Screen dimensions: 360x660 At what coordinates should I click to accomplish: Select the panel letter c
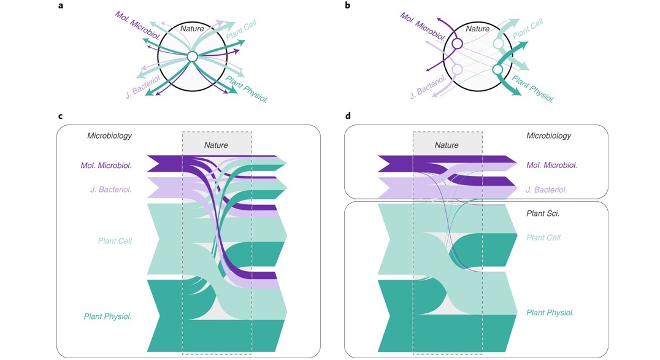coord(60,115)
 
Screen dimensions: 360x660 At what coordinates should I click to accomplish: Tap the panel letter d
coord(348,115)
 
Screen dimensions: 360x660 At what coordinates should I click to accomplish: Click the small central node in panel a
coord(192,56)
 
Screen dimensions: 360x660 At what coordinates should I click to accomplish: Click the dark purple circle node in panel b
coord(457,44)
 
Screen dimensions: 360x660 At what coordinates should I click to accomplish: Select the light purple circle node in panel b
coord(457,70)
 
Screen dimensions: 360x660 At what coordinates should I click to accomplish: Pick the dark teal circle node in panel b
coord(498,71)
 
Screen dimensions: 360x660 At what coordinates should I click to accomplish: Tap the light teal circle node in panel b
coord(499,44)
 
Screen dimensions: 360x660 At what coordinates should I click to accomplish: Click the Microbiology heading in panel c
coord(110,136)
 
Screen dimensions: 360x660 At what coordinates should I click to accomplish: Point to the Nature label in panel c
coord(216,145)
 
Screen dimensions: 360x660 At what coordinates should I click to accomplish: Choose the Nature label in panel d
coord(447,145)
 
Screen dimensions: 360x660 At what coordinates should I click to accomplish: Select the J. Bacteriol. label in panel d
coord(551,190)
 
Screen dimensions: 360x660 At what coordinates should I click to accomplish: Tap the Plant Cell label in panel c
coord(115,241)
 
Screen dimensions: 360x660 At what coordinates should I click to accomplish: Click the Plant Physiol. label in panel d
coord(550,313)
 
